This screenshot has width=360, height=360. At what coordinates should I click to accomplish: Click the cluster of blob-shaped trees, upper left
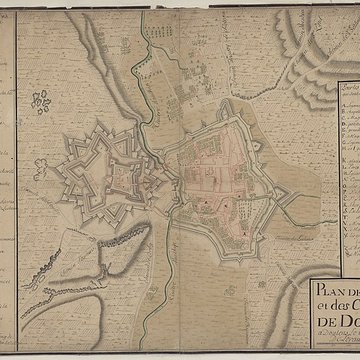(41, 100)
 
